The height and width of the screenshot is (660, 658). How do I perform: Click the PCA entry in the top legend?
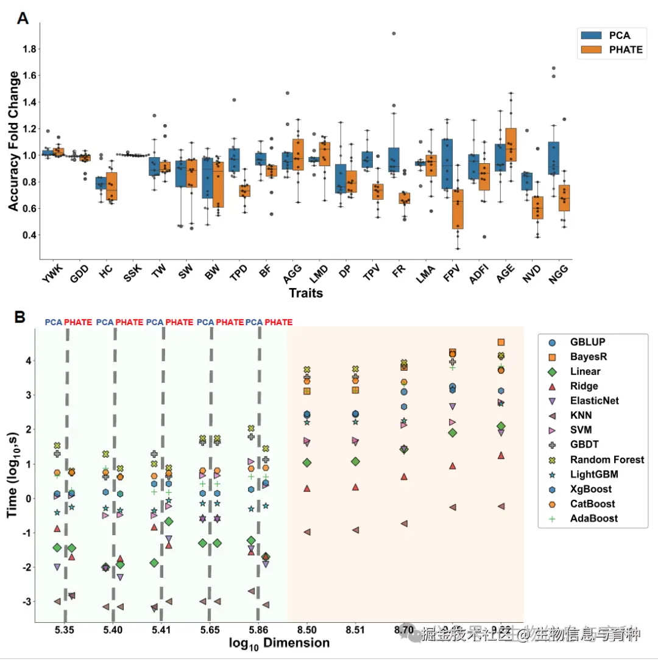click(609, 35)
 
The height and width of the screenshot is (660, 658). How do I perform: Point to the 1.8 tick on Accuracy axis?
click(29, 49)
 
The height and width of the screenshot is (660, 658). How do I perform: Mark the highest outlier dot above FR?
click(394, 33)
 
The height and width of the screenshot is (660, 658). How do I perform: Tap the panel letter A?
click(23, 18)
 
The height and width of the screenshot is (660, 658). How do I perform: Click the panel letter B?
click(20, 317)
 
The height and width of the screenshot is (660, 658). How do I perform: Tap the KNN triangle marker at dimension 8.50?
click(307, 532)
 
